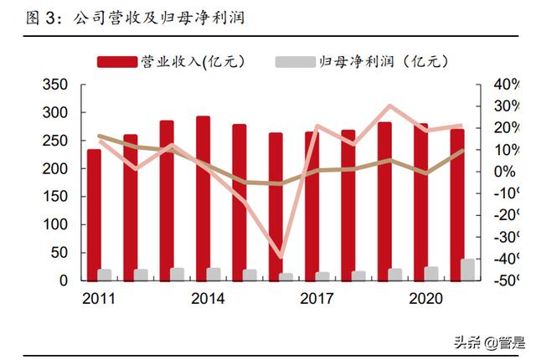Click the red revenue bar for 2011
93,214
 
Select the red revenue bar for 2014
203,198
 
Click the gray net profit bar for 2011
105,275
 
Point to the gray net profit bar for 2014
214,274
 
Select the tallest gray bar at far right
468,270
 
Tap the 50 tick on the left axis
59,253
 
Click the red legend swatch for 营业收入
116,61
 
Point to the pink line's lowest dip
281,256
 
